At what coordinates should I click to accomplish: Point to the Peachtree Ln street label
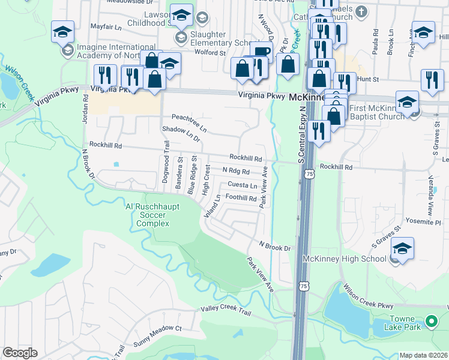189,122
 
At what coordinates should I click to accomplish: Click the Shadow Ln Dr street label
180,133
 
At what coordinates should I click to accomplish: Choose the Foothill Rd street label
241,197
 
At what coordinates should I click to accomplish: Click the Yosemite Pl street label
424,221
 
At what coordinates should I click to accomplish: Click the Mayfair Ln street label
106,28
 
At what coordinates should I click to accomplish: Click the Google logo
20,353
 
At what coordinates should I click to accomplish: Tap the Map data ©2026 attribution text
423,355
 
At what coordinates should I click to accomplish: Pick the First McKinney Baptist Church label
376,112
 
